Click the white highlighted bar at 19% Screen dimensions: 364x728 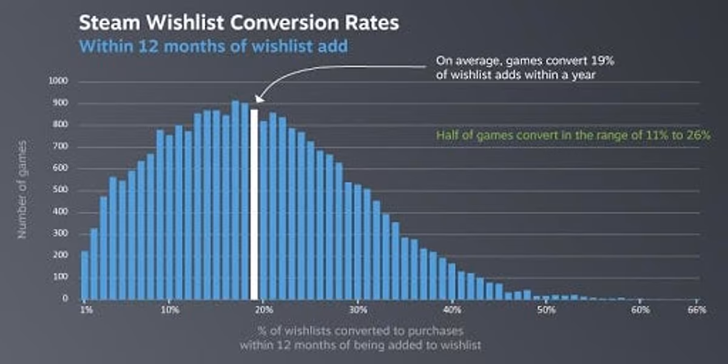click(x=254, y=204)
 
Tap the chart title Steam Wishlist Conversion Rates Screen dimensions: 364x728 click(x=239, y=24)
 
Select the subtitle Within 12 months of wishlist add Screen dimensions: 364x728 click(x=214, y=46)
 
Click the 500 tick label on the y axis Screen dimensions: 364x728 click(x=62, y=190)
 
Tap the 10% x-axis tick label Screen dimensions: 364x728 click(x=170, y=310)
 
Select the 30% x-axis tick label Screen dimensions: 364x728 click(x=358, y=310)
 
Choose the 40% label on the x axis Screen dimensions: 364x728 click(x=452, y=310)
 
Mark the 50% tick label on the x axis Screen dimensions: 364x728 click(x=546, y=310)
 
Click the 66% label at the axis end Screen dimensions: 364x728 click(x=697, y=310)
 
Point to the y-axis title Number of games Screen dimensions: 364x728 click(x=22, y=190)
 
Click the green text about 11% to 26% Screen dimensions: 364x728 click(x=573, y=135)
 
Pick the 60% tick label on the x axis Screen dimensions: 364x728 click(x=640, y=310)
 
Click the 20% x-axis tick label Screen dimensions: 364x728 click(x=264, y=310)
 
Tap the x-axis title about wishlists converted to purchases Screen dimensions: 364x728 click(x=360, y=339)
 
